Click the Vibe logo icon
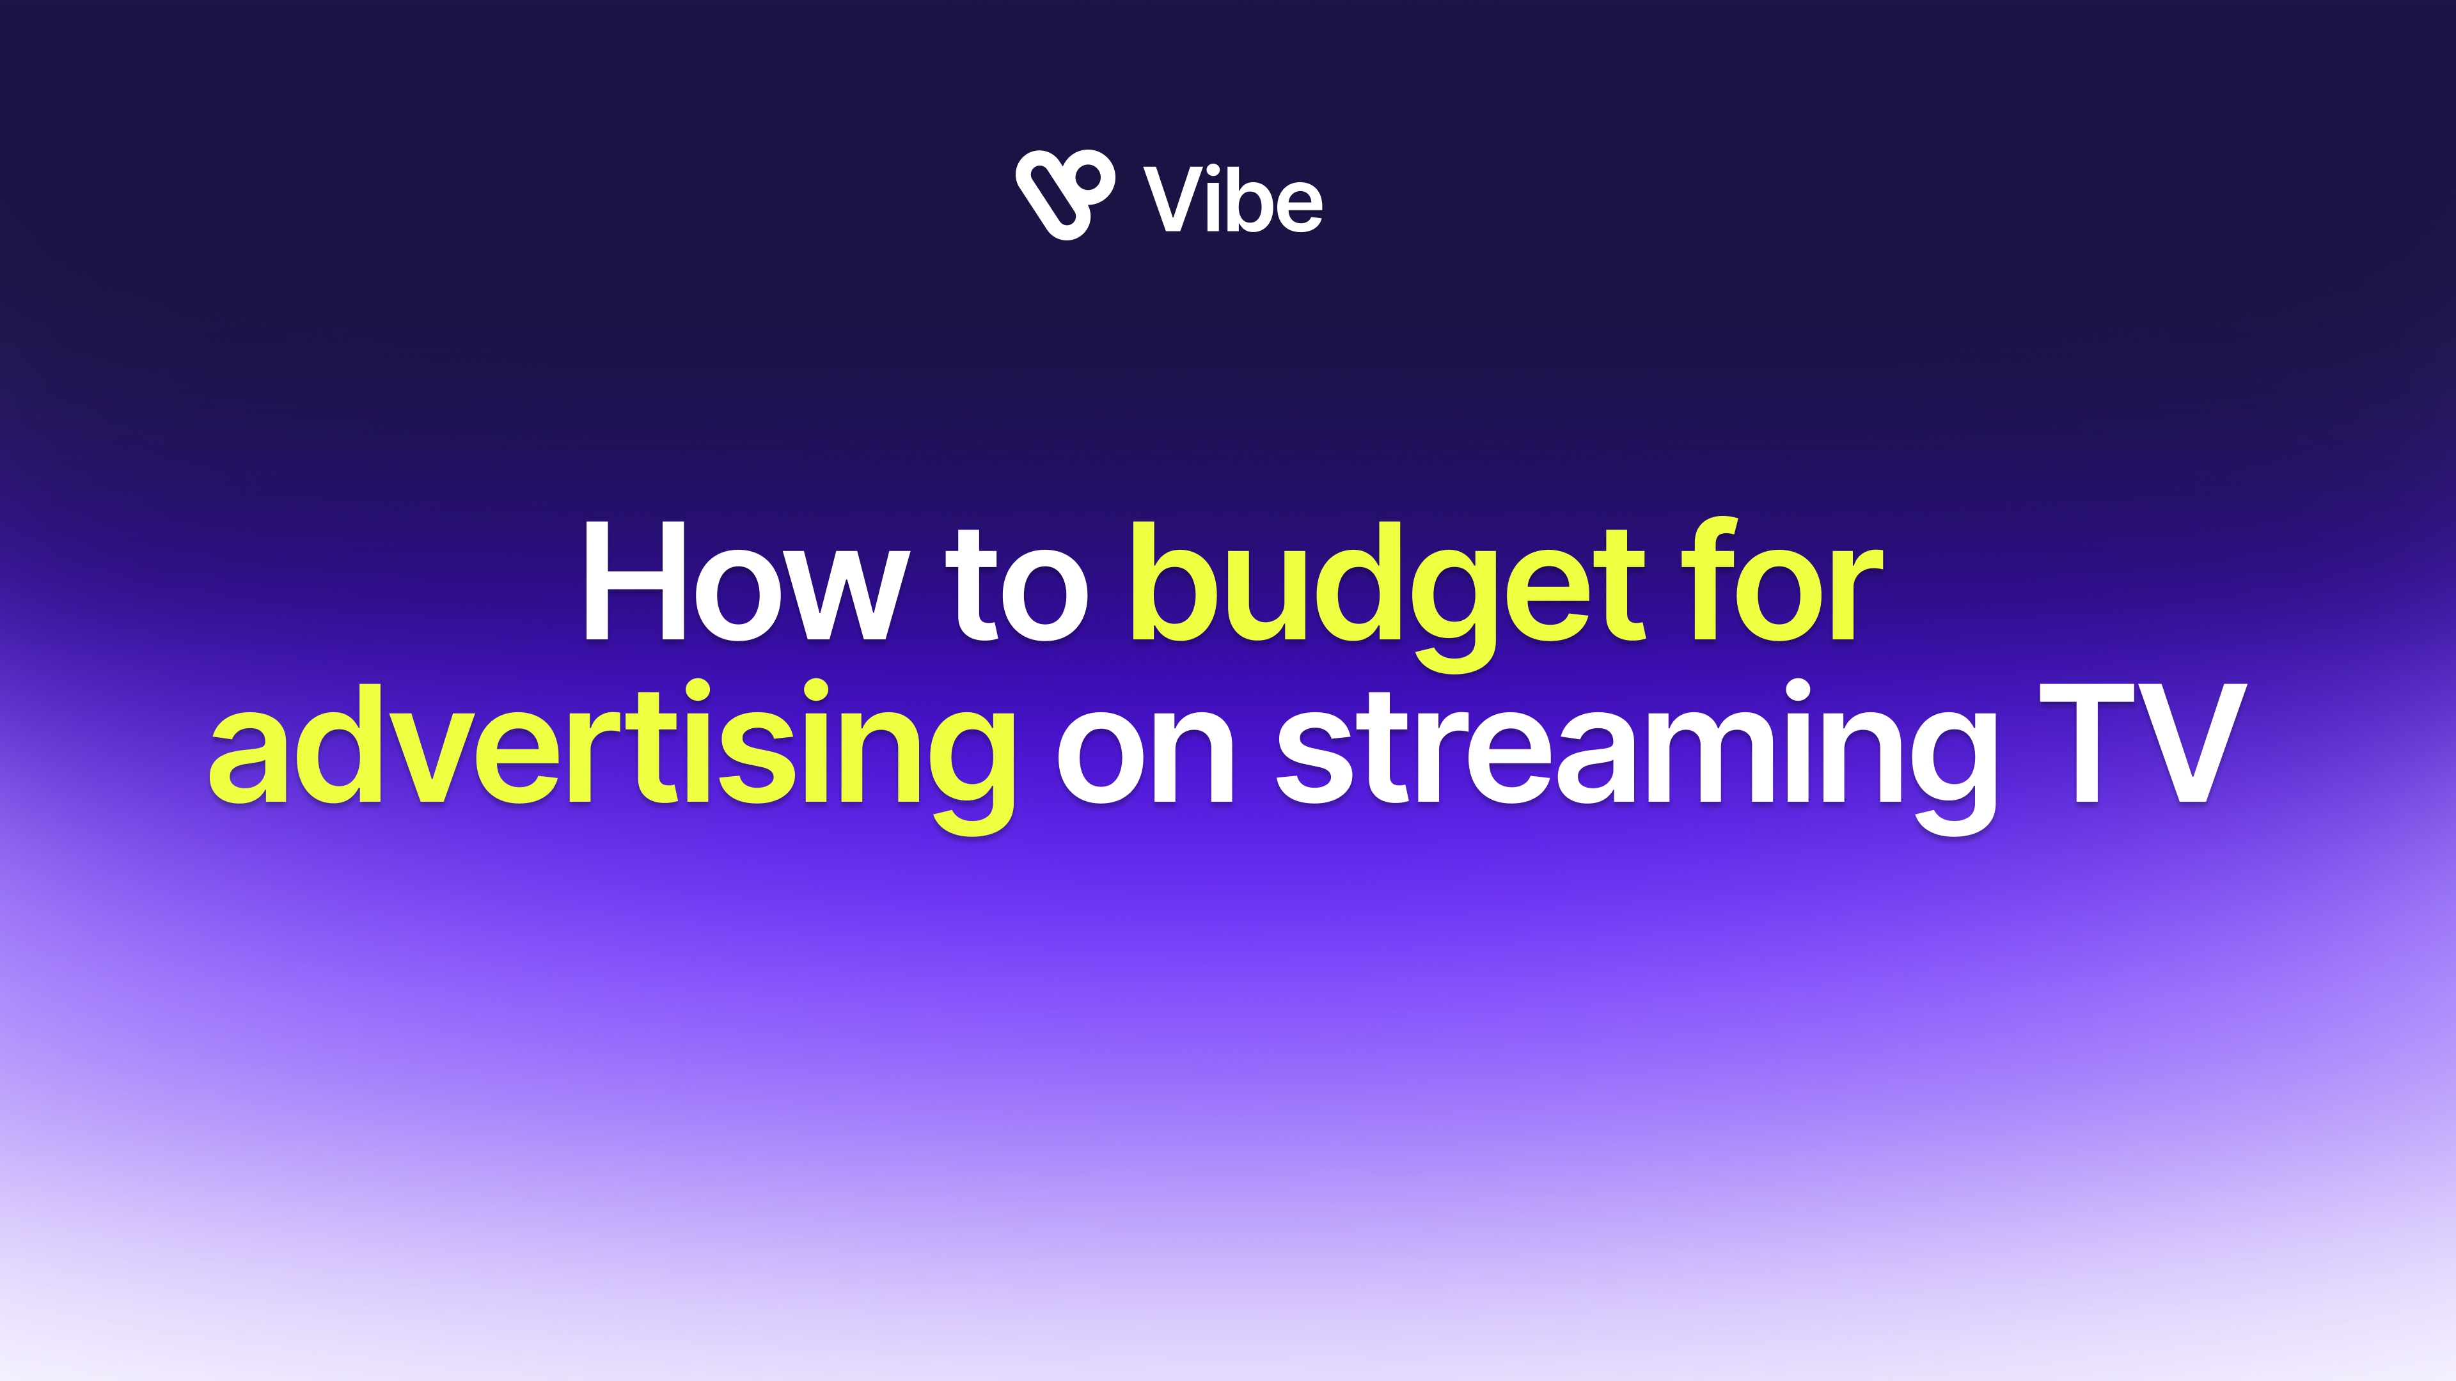(1064, 194)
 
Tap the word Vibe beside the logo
(1232, 199)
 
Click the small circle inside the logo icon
(1089, 176)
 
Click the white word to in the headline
(1016, 584)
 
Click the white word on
(1144, 753)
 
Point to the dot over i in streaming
(1797, 692)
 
